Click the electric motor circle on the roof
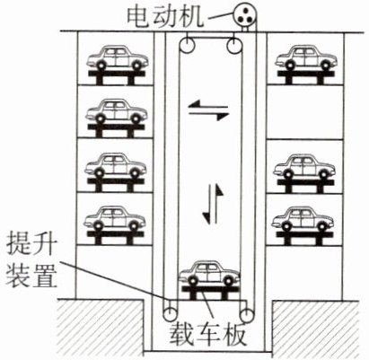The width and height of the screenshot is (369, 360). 245,14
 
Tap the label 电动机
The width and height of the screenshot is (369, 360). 165,16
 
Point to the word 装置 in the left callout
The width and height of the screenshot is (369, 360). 31,276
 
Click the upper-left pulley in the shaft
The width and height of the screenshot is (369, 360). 187,47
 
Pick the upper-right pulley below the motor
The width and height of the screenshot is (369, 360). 233,46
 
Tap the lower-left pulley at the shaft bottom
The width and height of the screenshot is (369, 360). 170,314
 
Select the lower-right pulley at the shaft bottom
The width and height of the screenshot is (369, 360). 247,315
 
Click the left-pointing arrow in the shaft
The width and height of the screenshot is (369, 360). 207,105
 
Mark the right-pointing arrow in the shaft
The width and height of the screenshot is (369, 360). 208,115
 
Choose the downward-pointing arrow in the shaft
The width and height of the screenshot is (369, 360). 208,205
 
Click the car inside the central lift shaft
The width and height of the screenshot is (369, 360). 209,273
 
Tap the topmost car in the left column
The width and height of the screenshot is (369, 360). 117,57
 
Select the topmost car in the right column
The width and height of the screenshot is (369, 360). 306,57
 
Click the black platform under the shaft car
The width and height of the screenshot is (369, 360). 210,293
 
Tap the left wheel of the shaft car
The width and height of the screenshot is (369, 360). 192,281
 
